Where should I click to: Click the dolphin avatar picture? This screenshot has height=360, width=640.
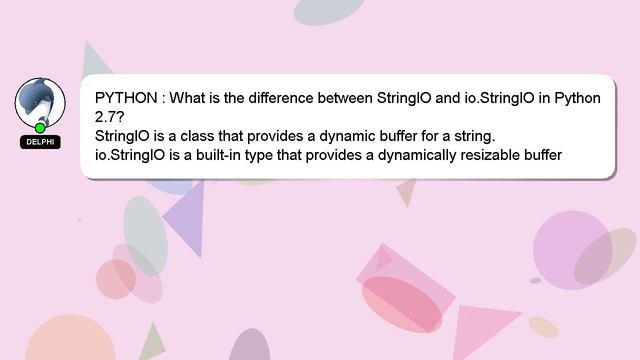tap(40, 101)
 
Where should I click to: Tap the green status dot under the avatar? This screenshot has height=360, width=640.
tap(40, 128)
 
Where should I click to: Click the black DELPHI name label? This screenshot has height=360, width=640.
tap(40, 142)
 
